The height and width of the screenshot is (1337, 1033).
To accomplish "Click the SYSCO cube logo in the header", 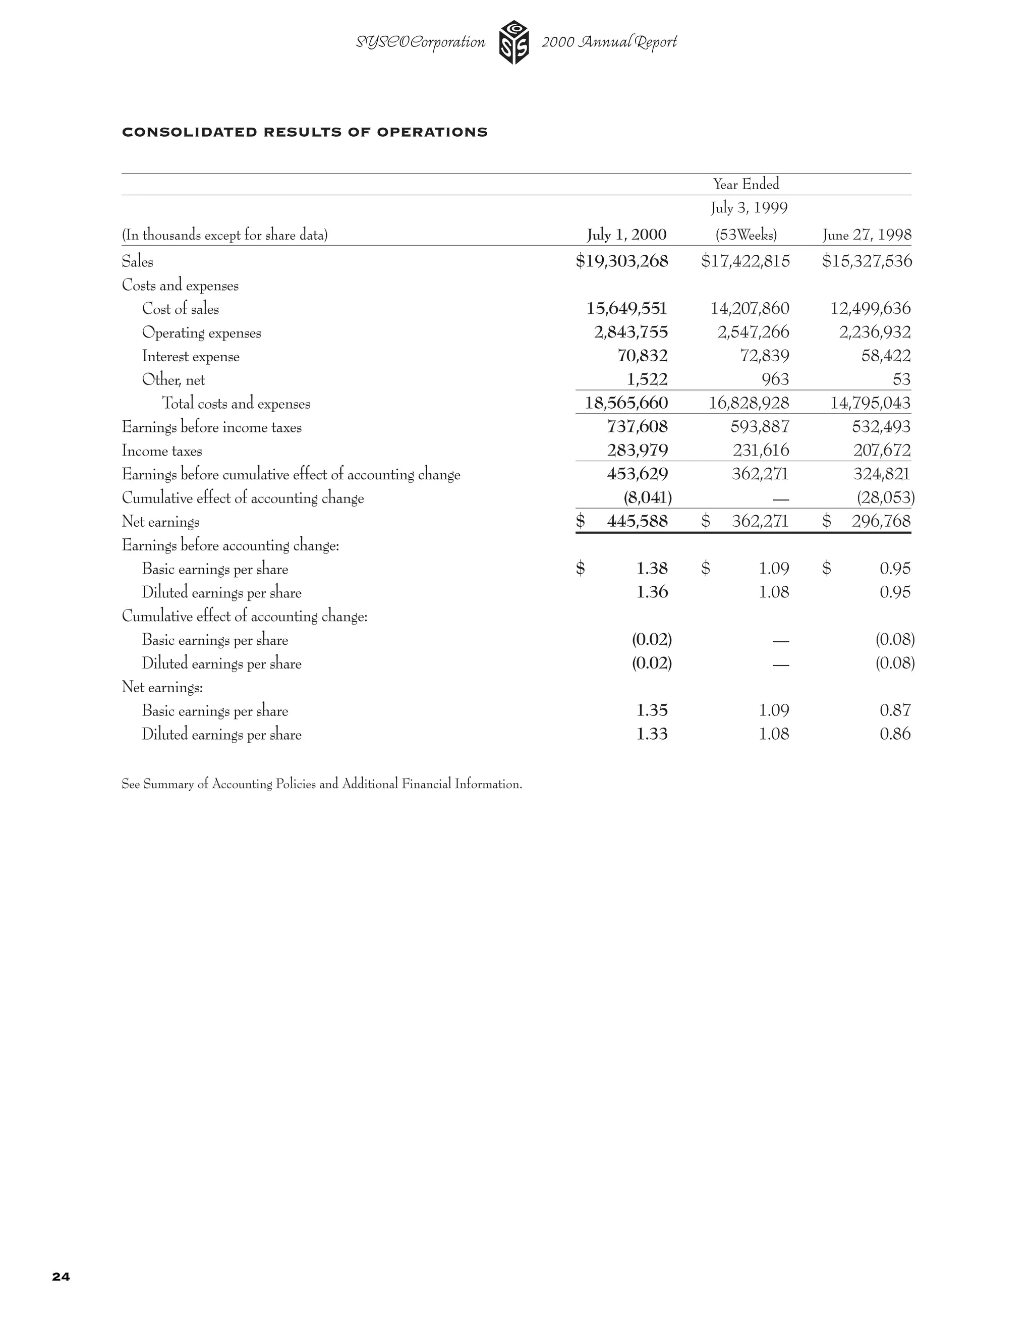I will tap(514, 42).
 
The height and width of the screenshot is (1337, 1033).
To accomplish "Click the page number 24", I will tap(61, 1276).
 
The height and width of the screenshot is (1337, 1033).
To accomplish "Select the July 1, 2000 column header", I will tap(626, 235).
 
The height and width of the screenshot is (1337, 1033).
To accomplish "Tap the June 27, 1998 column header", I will tap(867, 235).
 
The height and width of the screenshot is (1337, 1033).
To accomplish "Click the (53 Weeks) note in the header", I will tap(746, 235).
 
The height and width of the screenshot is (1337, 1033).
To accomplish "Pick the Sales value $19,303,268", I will tap(622, 261).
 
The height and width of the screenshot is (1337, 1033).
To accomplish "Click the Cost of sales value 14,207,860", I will tap(750, 309).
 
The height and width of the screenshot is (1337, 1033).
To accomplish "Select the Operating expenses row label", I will tap(201, 333).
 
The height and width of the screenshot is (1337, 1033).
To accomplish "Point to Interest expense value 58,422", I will tap(886, 356).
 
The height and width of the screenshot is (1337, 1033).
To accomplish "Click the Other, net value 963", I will tap(775, 379).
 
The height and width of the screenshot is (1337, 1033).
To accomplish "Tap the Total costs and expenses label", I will tap(236, 404).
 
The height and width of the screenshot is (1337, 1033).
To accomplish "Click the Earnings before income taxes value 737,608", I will tap(637, 427).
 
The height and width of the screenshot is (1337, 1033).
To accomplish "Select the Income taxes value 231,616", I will tap(761, 451).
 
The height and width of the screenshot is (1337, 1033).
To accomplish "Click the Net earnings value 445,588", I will tap(637, 522).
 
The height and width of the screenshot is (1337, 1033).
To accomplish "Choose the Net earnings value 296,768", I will tap(881, 522).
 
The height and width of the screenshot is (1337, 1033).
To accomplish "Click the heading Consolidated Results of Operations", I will tap(305, 132).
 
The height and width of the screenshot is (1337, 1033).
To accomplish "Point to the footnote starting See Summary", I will tap(321, 784).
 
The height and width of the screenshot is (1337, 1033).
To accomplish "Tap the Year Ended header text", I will tap(746, 184).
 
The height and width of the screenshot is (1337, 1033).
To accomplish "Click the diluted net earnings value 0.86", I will tap(895, 734).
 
